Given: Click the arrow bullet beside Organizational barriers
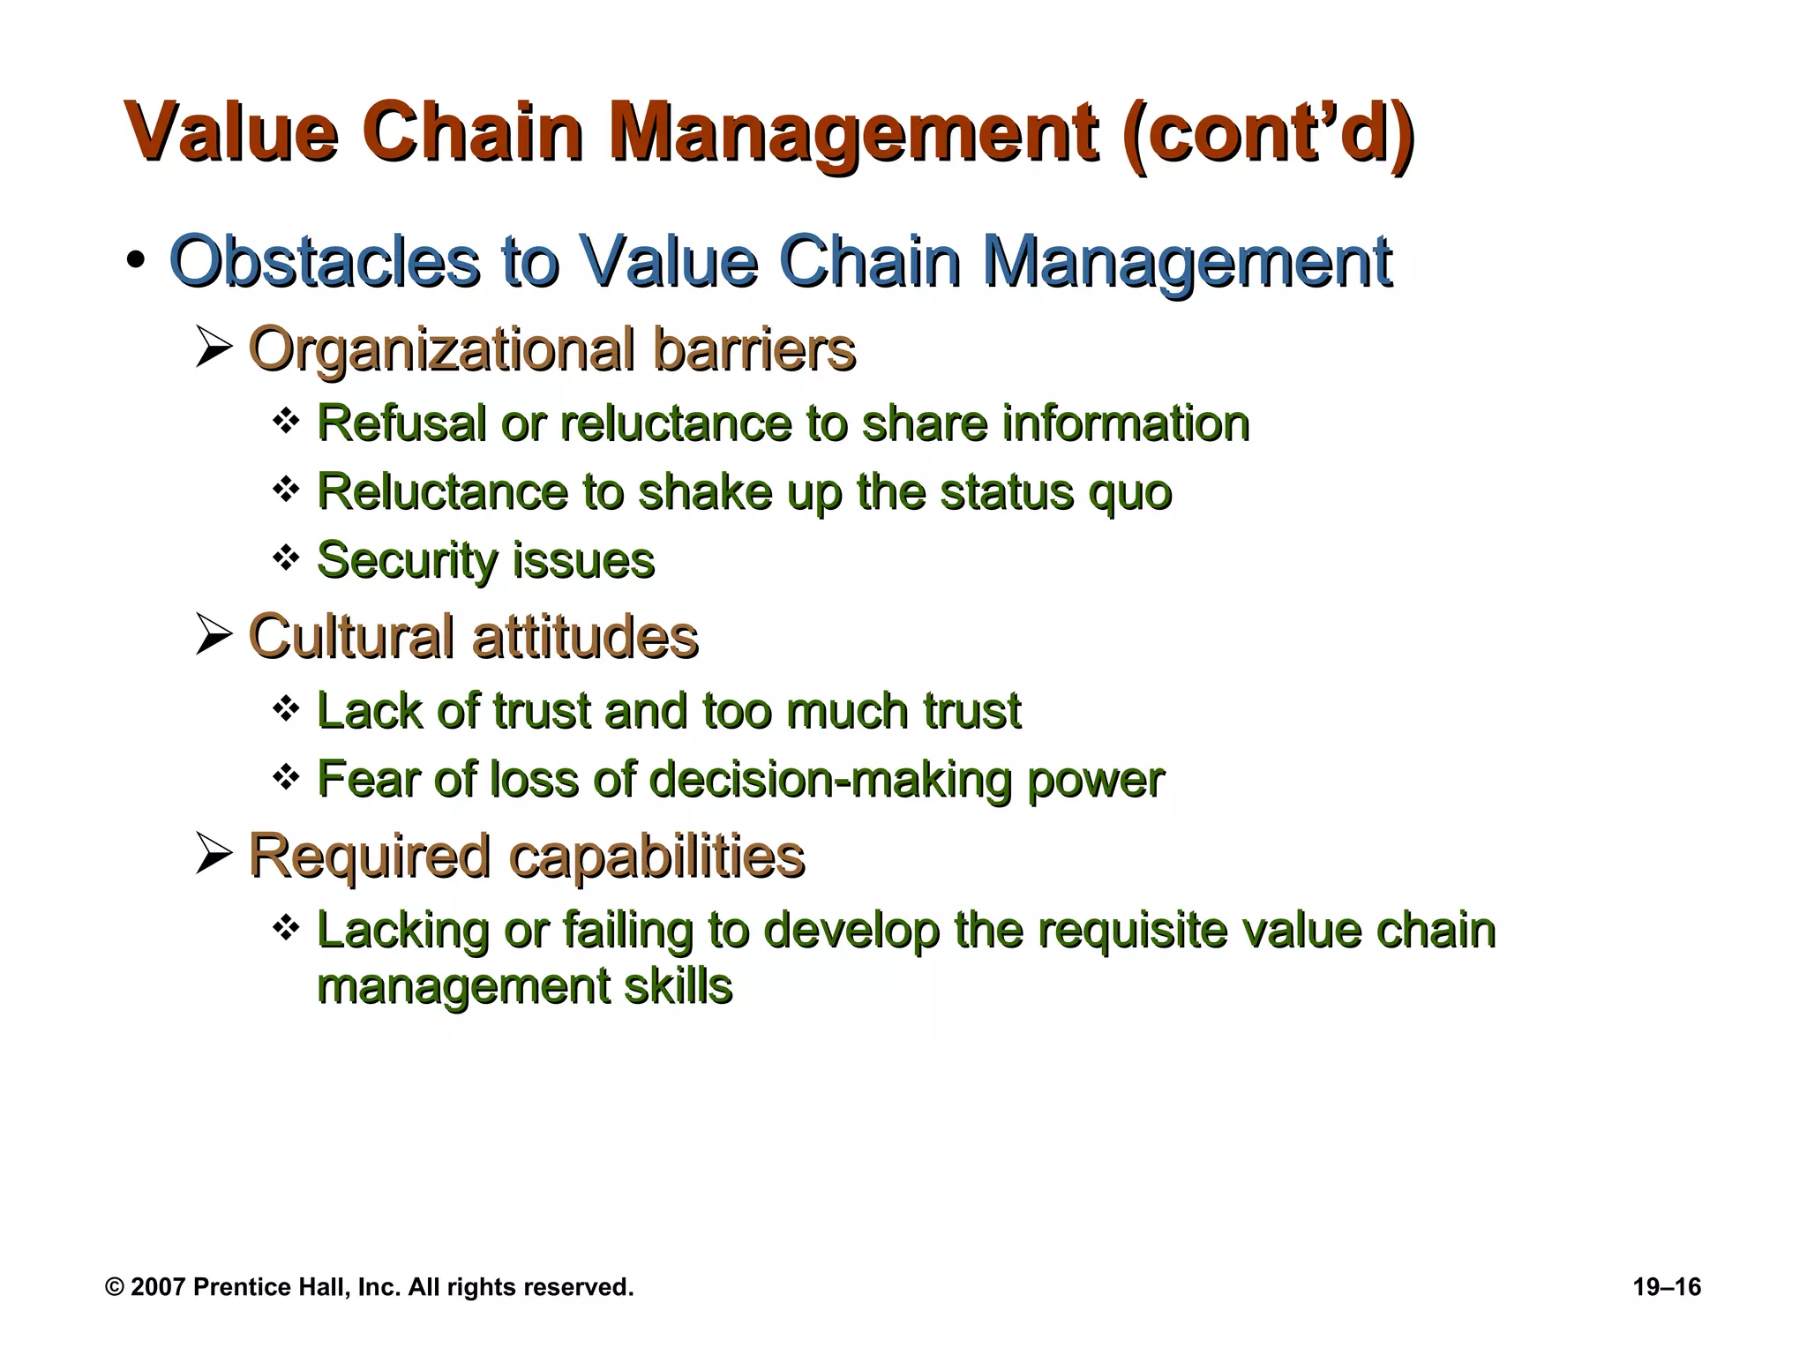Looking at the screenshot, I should click(214, 348).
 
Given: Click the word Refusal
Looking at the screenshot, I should click(401, 423).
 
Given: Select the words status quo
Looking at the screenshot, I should click(1055, 491).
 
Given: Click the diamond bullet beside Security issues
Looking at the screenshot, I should click(285, 558).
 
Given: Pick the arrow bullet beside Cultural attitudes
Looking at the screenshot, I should click(214, 635).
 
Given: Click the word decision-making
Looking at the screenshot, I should click(830, 779).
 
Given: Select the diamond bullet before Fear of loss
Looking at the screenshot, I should click(285, 777).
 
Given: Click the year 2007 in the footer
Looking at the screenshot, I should click(158, 1287).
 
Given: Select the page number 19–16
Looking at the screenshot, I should click(1666, 1287).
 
